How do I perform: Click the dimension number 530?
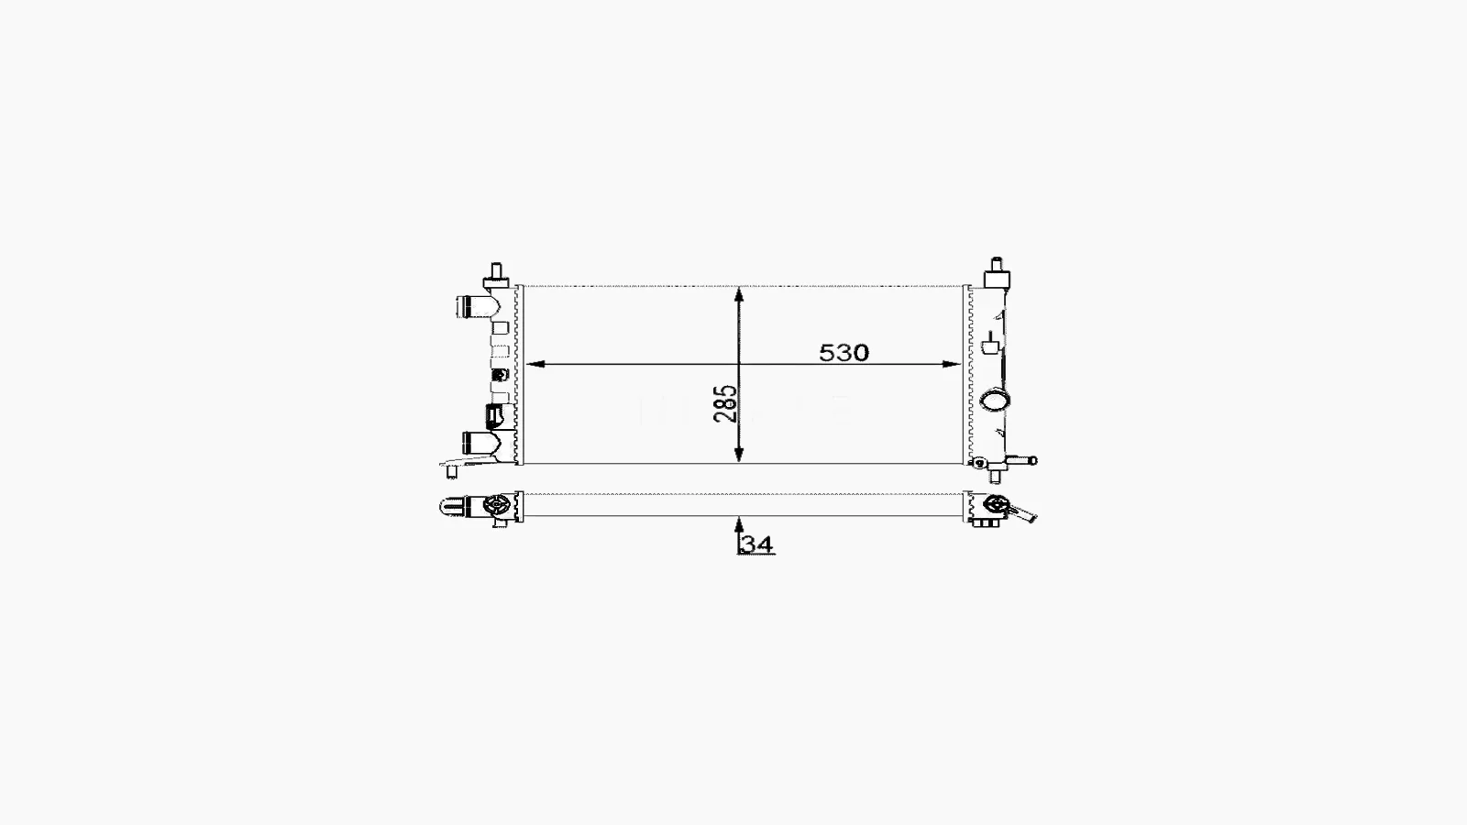(x=844, y=353)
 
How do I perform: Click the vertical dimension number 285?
(x=725, y=403)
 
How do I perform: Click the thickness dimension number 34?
(x=757, y=544)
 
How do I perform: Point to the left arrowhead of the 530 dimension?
(x=535, y=364)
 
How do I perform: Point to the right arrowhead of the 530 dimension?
(x=952, y=364)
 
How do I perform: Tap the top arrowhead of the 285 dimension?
(x=739, y=295)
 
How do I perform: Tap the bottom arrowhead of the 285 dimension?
(x=739, y=453)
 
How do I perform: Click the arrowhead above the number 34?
(x=739, y=524)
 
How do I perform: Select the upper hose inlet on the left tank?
(x=474, y=306)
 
